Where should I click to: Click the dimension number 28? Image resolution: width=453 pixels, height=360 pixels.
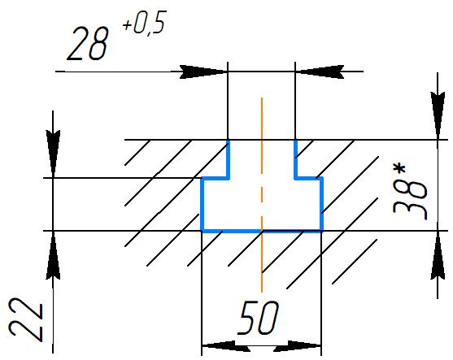[x=88, y=43]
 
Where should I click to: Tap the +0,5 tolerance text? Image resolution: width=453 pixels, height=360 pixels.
[x=145, y=24]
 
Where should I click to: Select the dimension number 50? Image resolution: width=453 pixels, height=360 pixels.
[x=258, y=318]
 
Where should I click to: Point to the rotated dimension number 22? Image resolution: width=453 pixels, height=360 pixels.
[x=26, y=320]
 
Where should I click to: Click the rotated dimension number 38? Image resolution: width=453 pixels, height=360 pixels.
[x=410, y=201]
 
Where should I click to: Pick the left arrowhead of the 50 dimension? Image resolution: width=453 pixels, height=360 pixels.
[x=226, y=345]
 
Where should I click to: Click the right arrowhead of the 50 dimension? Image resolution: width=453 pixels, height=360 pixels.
[x=298, y=345]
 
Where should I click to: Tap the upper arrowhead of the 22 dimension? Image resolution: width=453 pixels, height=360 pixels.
[x=53, y=154]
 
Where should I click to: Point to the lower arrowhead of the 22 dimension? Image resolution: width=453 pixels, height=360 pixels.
[x=53, y=255]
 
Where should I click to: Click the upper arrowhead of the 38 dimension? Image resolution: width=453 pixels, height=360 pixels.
[x=438, y=115]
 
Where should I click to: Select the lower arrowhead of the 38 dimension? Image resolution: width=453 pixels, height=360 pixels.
[x=438, y=255]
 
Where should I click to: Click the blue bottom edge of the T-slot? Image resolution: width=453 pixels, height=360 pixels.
[x=262, y=231]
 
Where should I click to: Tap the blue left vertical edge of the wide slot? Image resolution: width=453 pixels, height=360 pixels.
[x=203, y=205]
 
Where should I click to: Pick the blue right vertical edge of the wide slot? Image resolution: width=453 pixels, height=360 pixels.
[x=321, y=205]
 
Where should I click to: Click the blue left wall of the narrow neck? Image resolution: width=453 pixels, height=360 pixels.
[x=229, y=158]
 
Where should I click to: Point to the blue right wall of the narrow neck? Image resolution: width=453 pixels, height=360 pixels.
[x=296, y=158]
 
